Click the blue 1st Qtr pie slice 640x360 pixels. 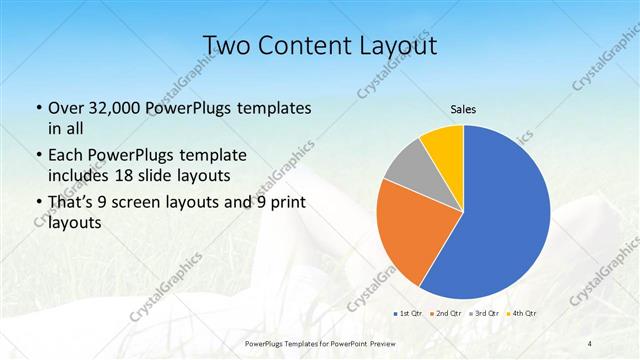pyautogui.click(x=500, y=220)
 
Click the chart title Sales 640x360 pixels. pyautogui.click(x=462, y=110)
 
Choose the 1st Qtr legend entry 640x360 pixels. pyautogui.click(x=408, y=313)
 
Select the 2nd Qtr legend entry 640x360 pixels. pyautogui.click(x=445, y=313)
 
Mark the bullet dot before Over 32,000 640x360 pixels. pyautogui.click(x=38, y=108)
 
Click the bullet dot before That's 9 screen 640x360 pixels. pyautogui.click(x=38, y=204)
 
